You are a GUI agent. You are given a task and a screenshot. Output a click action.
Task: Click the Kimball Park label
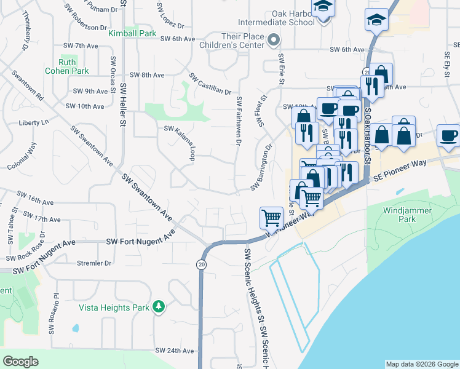132,33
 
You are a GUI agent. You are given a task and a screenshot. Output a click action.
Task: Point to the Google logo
20,362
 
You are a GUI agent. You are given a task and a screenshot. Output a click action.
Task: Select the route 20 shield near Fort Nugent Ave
201,264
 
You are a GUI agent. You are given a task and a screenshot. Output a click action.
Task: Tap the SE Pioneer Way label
410,169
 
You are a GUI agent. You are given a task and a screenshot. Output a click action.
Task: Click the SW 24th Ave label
175,351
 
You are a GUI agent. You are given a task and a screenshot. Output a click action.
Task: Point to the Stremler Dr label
94,263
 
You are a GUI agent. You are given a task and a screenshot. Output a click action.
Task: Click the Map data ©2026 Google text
421,364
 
